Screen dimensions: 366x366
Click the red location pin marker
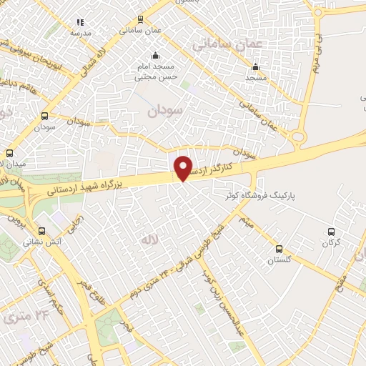(184, 168)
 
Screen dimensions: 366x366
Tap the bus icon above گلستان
(279, 249)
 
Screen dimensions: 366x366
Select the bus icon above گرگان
(330, 232)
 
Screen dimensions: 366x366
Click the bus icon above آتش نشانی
(42, 231)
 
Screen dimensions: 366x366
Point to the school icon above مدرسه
(80, 23)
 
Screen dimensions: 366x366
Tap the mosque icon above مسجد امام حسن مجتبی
(155, 56)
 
